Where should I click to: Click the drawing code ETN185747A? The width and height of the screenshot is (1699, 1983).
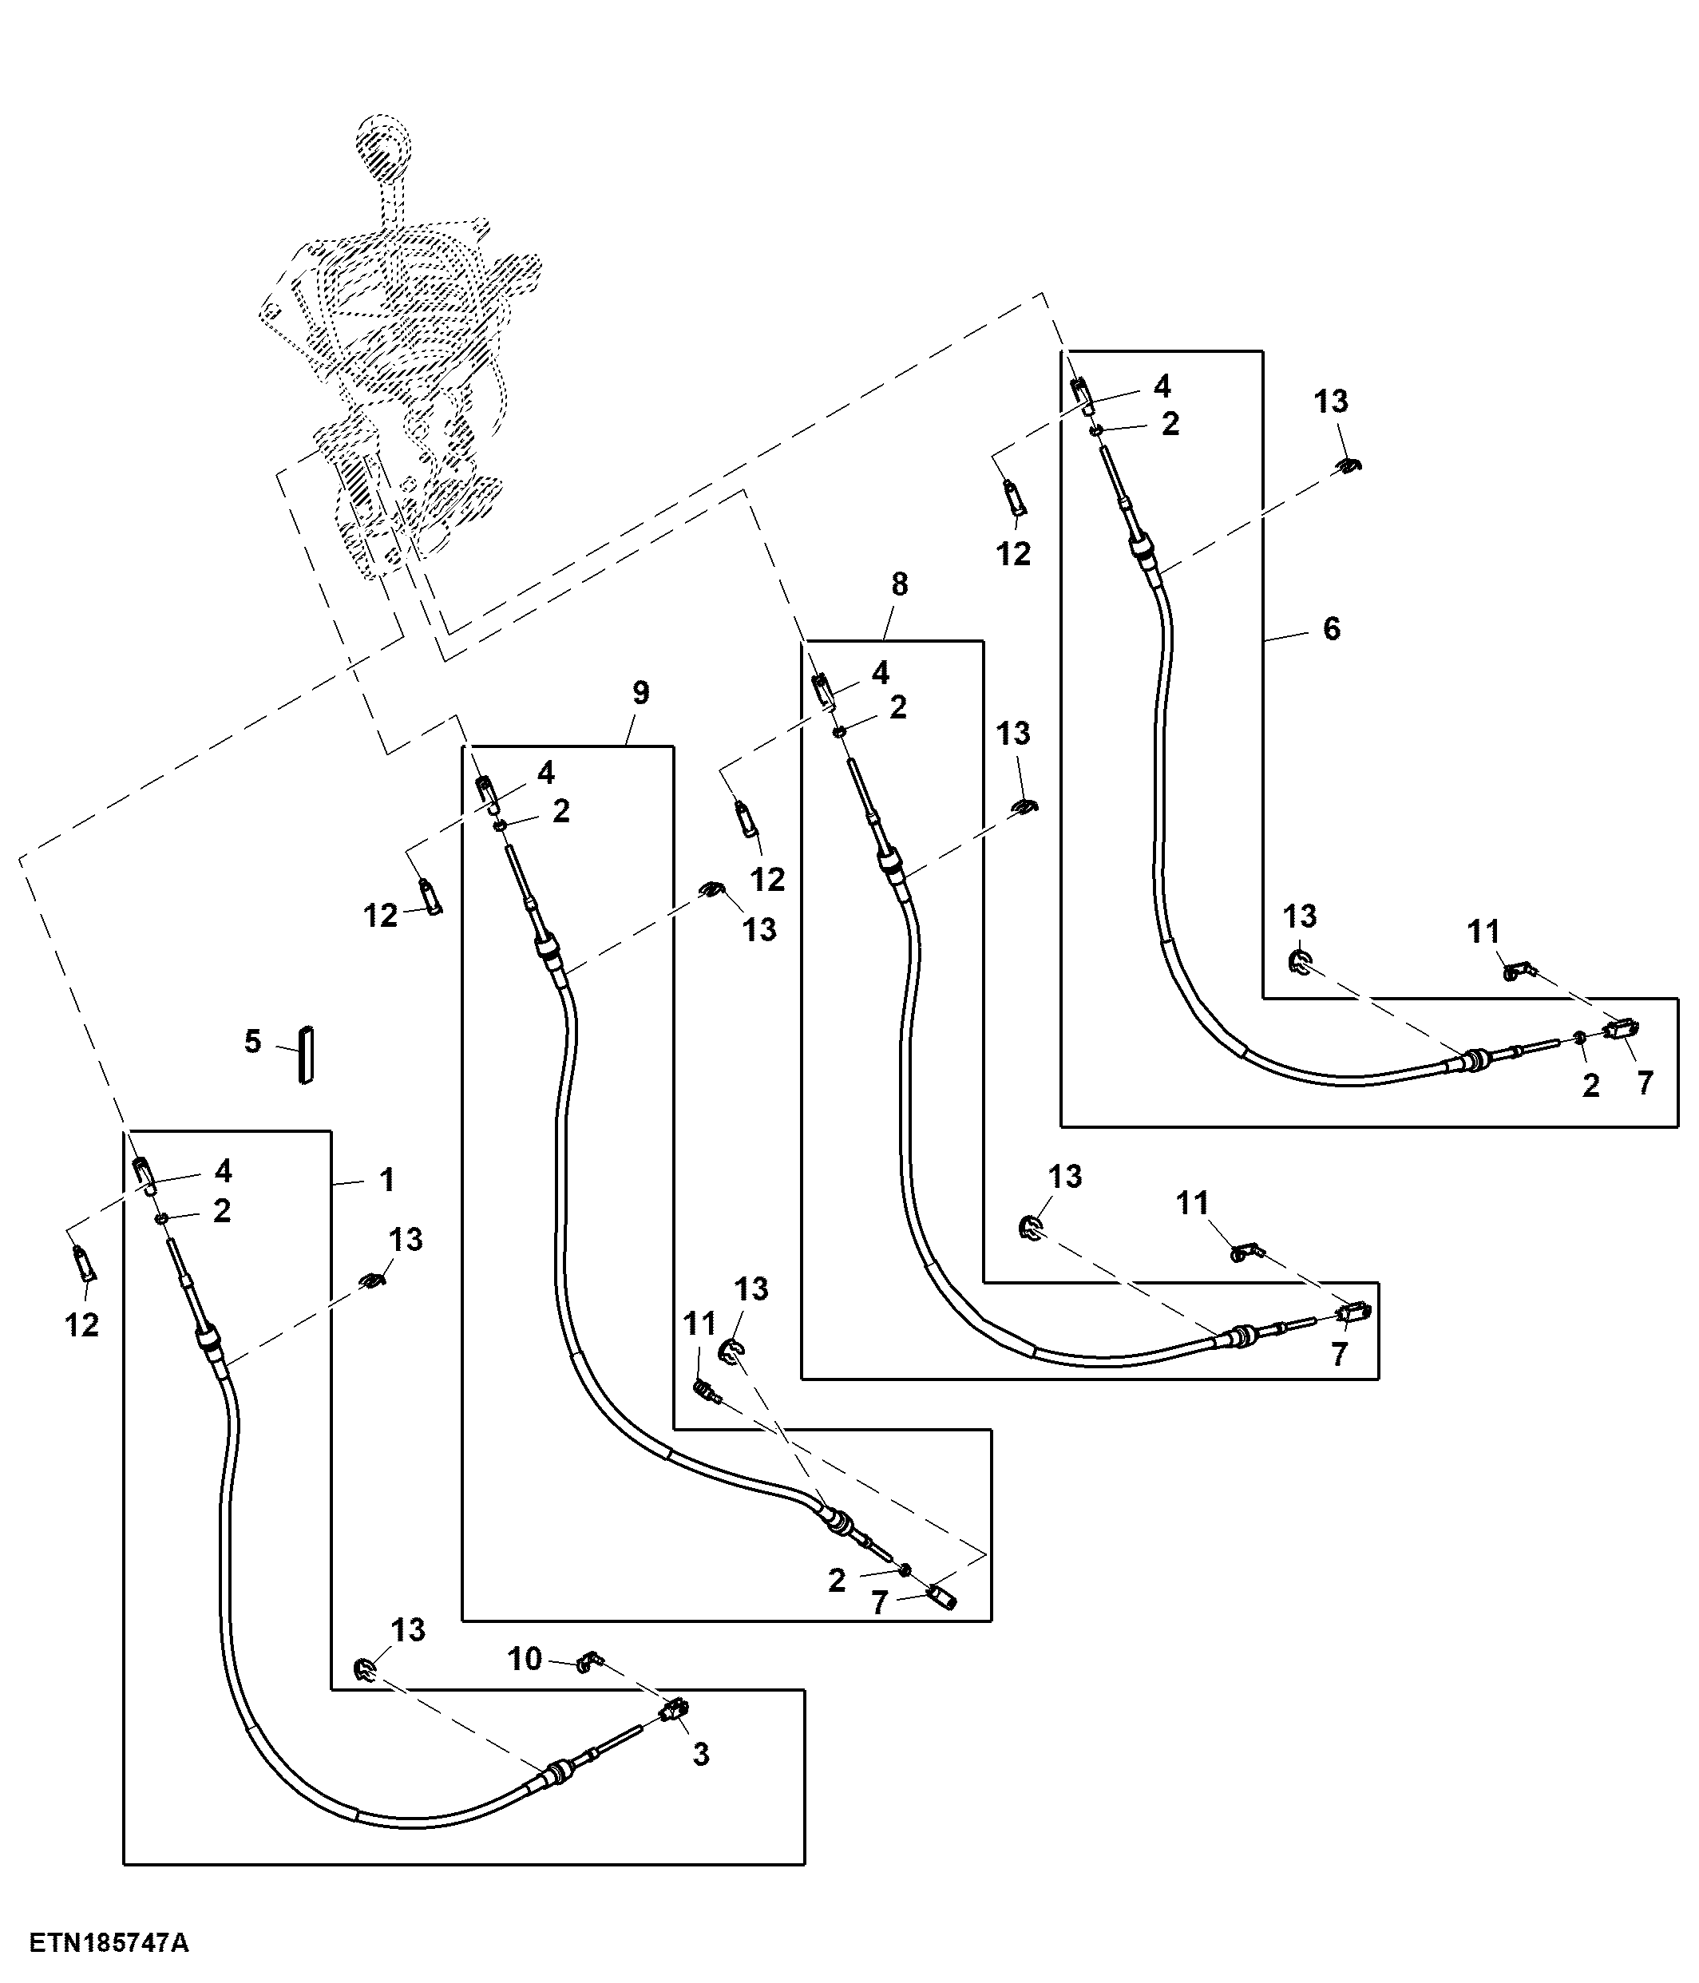108,1943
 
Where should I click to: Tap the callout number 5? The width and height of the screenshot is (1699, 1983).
253,1041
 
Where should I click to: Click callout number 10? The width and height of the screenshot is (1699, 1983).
525,1659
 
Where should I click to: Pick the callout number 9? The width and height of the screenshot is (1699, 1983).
640,693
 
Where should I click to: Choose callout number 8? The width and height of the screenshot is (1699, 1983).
899,584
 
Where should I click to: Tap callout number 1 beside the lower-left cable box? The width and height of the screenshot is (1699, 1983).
386,1180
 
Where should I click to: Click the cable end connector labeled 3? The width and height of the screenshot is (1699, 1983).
675,1709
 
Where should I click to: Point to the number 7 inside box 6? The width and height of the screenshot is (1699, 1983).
1645,1083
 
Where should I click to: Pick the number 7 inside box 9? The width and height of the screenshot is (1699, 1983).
879,1603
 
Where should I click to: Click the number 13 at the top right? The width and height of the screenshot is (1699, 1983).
1330,402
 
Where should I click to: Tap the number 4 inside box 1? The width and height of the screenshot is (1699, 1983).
223,1170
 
